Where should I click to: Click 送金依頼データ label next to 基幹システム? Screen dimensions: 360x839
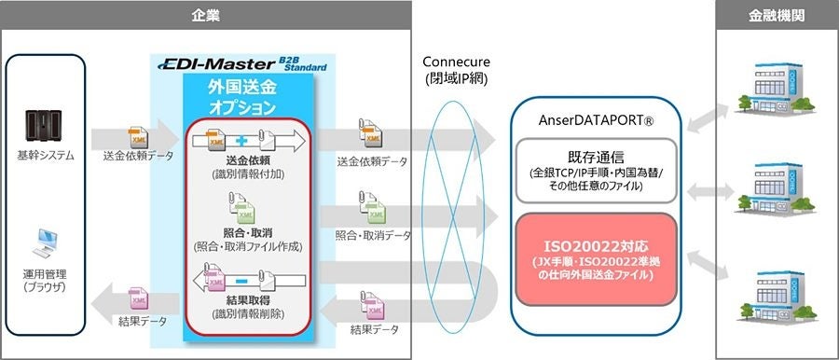coord(138,159)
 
